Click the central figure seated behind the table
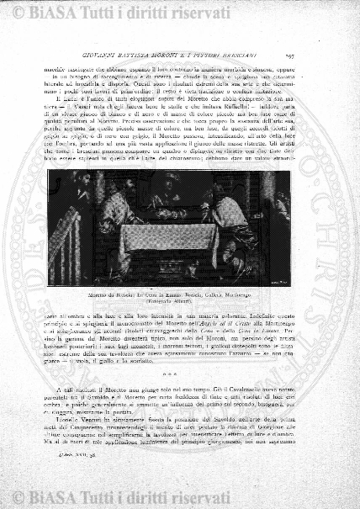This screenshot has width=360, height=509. click(164, 206)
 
